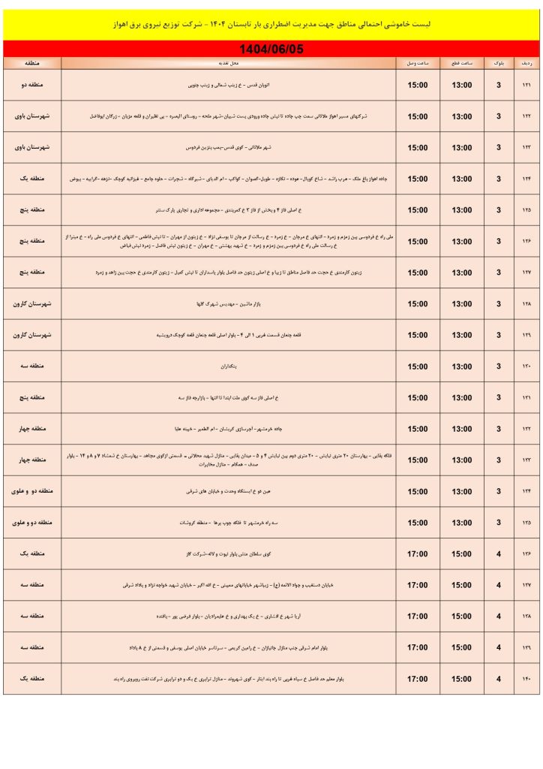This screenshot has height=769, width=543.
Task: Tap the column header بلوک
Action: (x=498, y=63)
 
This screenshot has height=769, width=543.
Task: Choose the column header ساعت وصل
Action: (x=418, y=63)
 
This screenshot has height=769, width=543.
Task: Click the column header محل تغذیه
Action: (x=229, y=63)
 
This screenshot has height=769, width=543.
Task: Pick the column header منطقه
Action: (x=32, y=63)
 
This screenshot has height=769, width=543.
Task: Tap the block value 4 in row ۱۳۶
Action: (x=498, y=554)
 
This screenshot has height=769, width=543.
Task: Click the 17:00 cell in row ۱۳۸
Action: (x=418, y=617)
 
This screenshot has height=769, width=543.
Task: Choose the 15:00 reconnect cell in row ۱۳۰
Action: (x=418, y=366)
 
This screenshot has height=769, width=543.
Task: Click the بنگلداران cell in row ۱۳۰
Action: (x=229, y=366)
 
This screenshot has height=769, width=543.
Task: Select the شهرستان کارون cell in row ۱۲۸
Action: (x=32, y=304)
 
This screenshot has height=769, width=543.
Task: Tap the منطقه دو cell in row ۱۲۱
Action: (x=32, y=86)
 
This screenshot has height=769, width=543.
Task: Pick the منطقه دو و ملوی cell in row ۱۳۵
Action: (x=32, y=523)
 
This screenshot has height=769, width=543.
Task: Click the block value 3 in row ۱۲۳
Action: (x=498, y=148)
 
